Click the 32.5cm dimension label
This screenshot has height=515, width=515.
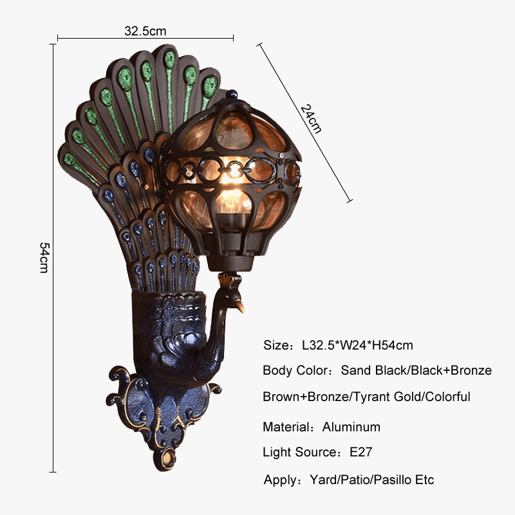tap(145, 31)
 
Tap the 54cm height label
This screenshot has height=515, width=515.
tap(44, 257)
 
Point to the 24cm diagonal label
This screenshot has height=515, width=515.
tap(311, 118)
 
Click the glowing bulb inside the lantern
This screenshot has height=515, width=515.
tap(233, 200)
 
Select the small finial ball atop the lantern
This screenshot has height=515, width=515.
tap(232, 93)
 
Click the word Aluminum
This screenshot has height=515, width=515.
tap(351, 427)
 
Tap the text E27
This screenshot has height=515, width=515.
tap(360, 452)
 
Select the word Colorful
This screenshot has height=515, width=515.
tap(447, 397)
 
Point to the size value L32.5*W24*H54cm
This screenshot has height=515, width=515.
tap(357, 345)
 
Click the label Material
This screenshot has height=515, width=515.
tap(286, 427)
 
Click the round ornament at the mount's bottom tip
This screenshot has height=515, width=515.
tap(168, 457)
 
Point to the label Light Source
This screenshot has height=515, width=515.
tap(299, 452)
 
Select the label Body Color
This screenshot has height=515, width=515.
tap(295, 371)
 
